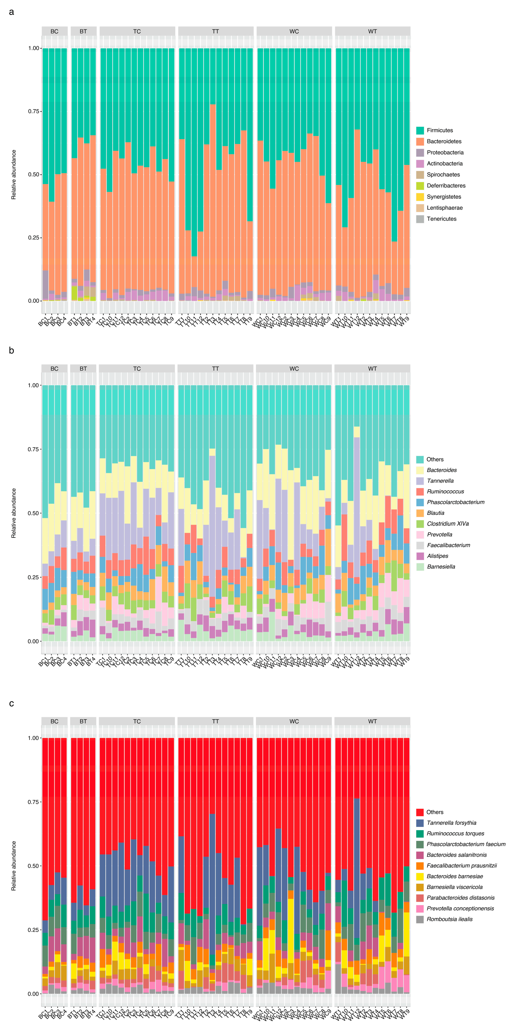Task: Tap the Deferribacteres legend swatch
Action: (x=420, y=186)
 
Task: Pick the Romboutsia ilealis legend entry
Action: (x=449, y=919)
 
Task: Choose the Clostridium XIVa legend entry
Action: (x=447, y=524)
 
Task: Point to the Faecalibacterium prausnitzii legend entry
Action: (x=461, y=866)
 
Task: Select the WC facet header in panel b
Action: (x=294, y=369)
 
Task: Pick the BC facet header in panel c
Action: (x=54, y=721)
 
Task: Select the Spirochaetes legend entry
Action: (x=443, y=175)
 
